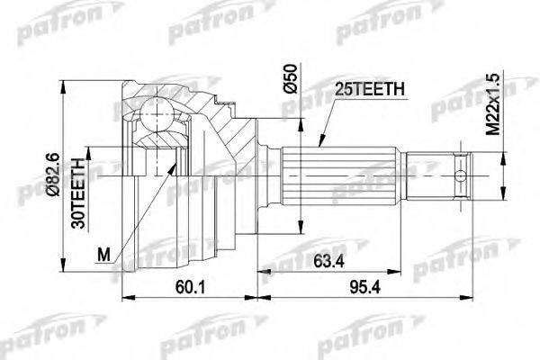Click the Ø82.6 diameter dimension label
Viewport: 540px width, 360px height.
tap(54, 175)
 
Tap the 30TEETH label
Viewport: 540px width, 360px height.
tap(77, 193)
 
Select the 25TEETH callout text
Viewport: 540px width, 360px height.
tap(370, 89)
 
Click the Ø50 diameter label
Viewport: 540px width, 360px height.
tap(290, 78)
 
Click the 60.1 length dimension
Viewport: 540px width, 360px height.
tap(190, 287)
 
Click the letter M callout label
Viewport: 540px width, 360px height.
tap(103, 255)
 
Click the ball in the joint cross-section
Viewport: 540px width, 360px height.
tap(157, 114)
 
